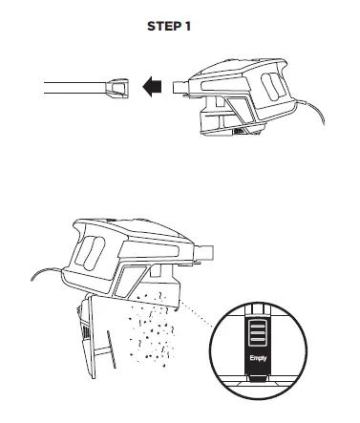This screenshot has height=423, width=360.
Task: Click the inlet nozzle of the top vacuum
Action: (x=180, y=89)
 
